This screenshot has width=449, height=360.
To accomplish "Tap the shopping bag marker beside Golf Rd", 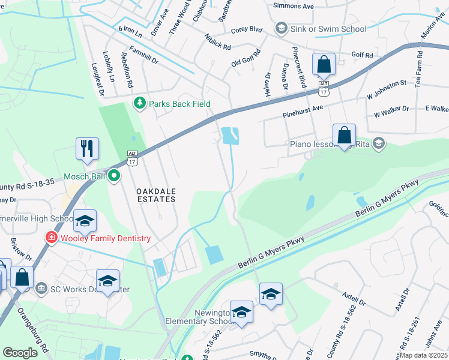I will coord(324,64).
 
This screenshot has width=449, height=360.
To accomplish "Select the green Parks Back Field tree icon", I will coord(140,104).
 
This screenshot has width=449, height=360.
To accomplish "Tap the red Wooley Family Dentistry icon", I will coord(52,238).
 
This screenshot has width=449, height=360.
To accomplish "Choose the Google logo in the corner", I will coord(20,353).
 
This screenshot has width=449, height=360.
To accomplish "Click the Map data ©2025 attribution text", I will coord(424,355).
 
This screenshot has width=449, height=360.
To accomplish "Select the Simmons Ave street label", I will coord(294,6).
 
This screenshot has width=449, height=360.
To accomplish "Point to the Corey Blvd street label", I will coord(247,29).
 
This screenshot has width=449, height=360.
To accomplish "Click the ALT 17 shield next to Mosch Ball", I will coord(132,158).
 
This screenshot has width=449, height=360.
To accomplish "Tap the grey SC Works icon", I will coord(41,289).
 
